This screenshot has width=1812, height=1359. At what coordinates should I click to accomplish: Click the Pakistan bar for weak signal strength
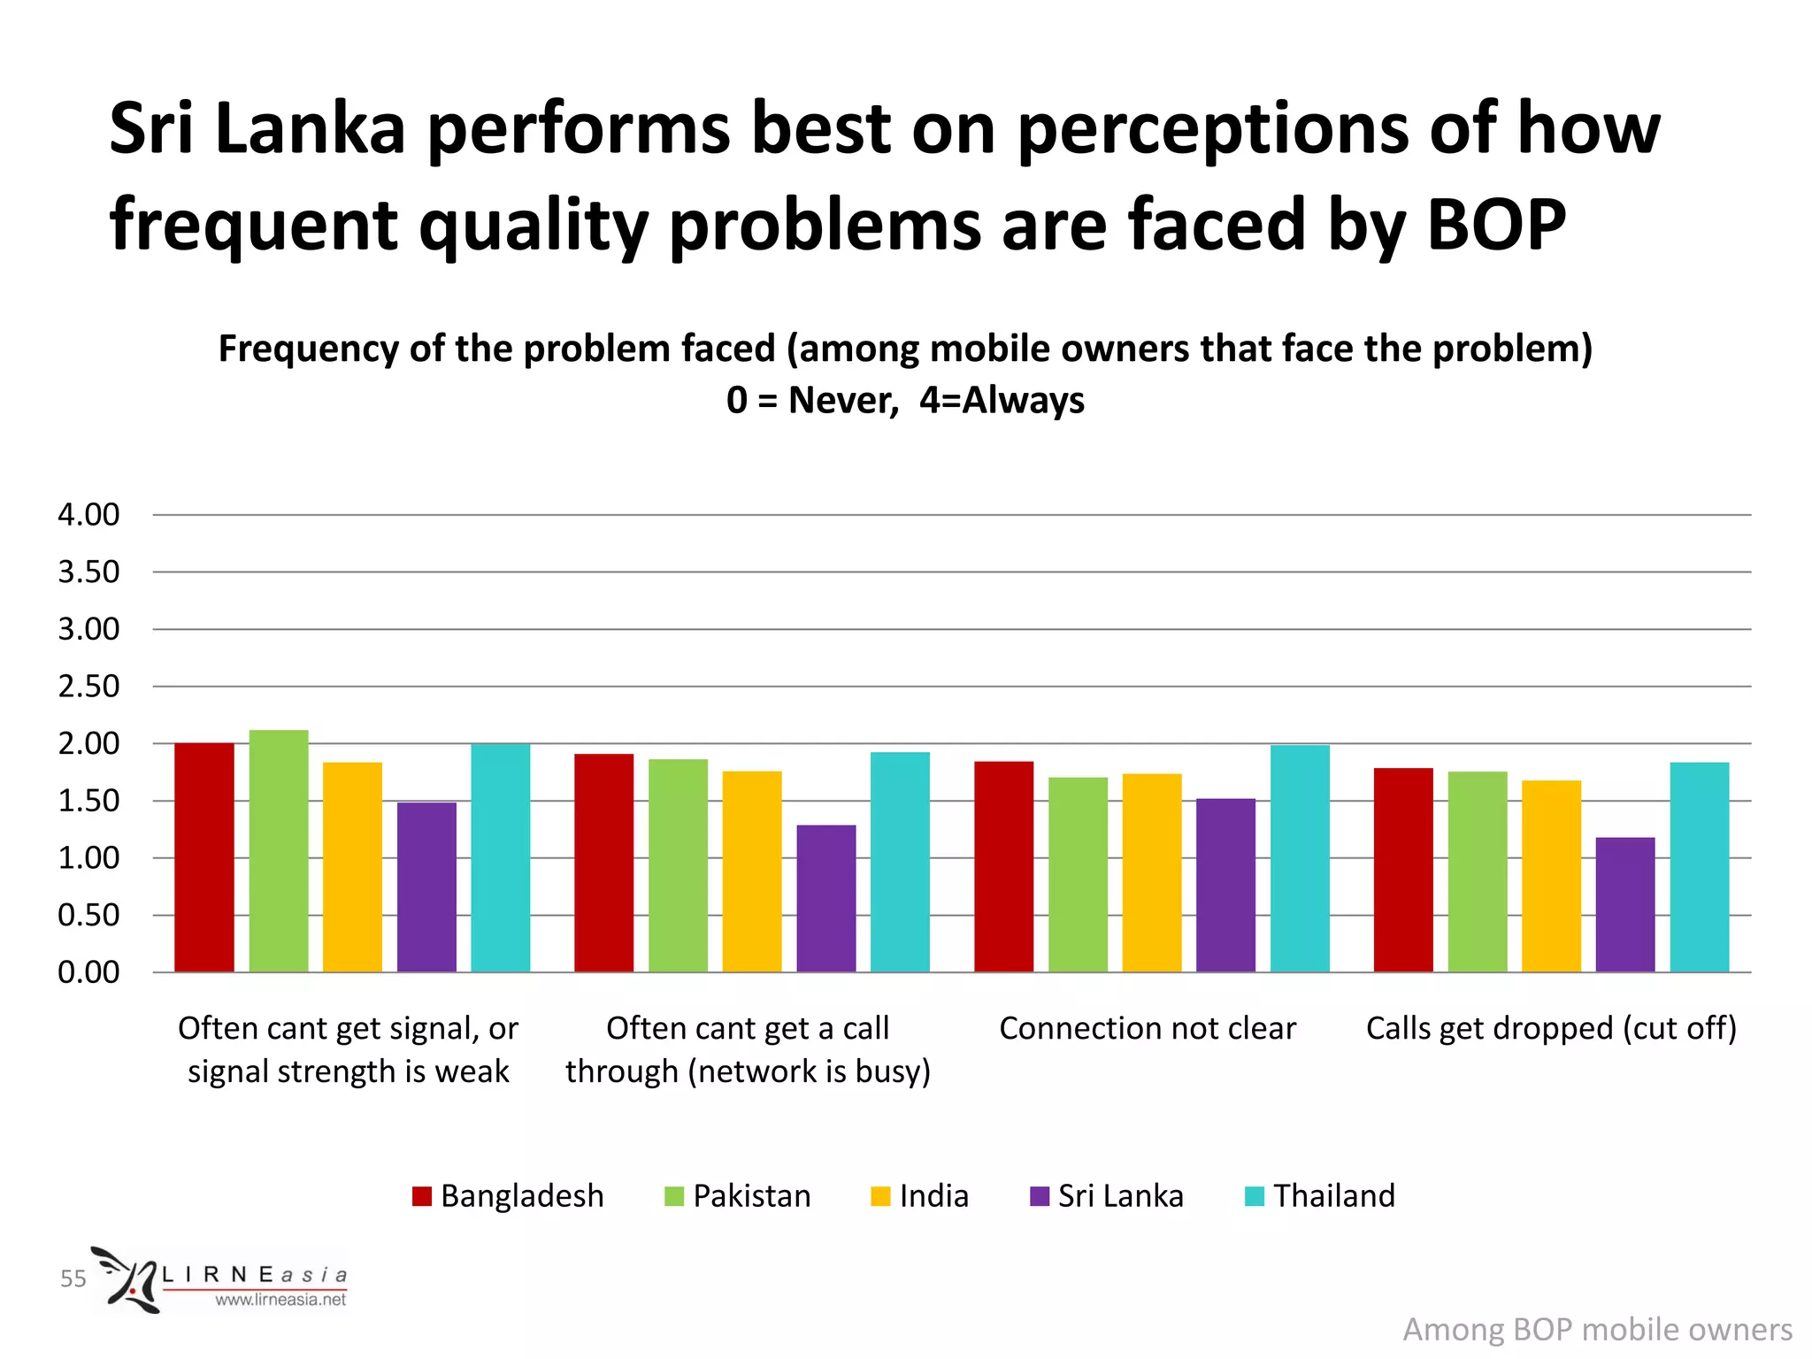point(279,851)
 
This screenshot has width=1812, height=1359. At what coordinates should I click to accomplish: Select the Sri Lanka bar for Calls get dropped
point(1625,904)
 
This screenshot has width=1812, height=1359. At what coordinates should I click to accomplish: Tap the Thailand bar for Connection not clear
point(1300,858)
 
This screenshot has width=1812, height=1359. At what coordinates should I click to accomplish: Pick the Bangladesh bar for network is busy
point(604,863)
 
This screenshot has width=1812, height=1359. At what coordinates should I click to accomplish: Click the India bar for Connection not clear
point(1152,872)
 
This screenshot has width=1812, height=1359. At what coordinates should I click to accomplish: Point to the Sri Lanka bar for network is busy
point(826,898)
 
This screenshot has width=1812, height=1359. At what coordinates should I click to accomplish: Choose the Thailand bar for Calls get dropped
point(1700,867)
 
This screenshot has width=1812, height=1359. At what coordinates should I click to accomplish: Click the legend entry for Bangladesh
point(509,1196)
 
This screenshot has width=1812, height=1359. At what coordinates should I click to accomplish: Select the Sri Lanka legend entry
point(1107,1196)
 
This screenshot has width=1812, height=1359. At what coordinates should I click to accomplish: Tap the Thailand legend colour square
point(1254,1196)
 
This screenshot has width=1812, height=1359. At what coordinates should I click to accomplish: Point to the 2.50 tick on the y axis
point(88,687)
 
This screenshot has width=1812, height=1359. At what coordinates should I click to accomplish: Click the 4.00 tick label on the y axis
point(88,515)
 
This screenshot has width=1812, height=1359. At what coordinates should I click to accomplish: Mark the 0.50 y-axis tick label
point(88,915)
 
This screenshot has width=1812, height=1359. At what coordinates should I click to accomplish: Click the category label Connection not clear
point(1148,1028)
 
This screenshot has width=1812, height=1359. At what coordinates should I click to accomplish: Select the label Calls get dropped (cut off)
point(1551,1028)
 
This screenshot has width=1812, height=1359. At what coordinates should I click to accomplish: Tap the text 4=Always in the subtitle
point(1002,400)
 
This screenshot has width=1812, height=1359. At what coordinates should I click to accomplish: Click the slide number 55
point(73,1278)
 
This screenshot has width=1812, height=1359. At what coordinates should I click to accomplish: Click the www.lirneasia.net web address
point(280,1300)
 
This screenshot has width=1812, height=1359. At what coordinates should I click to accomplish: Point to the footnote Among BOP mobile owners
point(1597,1330)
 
